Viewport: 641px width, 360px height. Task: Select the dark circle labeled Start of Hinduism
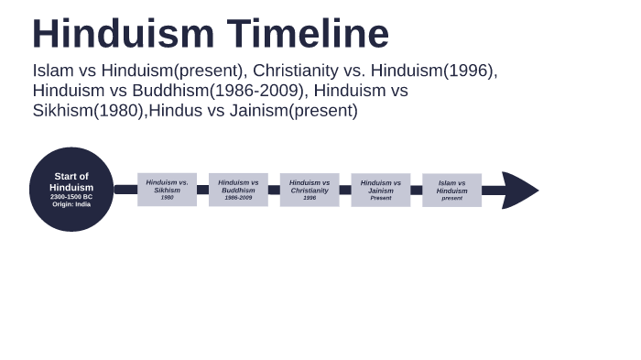click(71, 189)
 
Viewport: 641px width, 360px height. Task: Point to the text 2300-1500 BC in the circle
click(71, 197)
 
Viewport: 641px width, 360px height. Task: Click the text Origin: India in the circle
click(71, 204)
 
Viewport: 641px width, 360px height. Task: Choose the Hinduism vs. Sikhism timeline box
click(167, 190)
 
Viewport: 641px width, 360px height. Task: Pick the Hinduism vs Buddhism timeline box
click(238, 190)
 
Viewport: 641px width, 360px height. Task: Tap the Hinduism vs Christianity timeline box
click(310, 190)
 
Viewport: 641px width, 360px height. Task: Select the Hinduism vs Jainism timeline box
click(381, 190)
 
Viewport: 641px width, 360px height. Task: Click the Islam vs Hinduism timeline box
click(451, 190)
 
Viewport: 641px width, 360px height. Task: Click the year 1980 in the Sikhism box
click(167, 198)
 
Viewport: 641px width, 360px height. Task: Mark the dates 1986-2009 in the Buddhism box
click(238, 198)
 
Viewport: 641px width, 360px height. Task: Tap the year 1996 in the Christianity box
click(310, 198)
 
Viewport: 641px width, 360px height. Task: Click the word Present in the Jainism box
click(381, 198)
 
